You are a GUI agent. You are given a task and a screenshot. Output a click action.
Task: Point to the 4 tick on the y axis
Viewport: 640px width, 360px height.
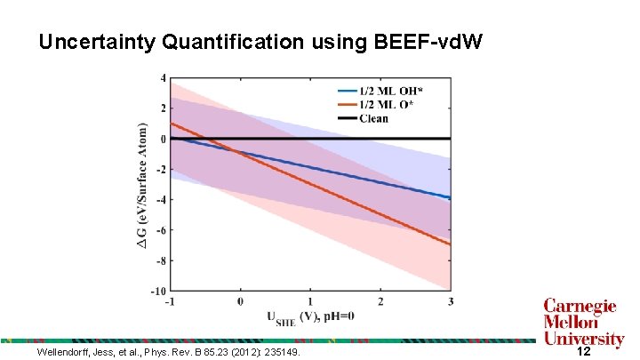[162, 78]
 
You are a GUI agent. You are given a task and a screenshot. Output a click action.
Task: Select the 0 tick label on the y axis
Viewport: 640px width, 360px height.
[162, 139]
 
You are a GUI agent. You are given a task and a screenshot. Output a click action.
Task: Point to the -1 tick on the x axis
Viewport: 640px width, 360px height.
[170, 301]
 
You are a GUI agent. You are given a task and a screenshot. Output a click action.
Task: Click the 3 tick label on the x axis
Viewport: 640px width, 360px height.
[450, 301]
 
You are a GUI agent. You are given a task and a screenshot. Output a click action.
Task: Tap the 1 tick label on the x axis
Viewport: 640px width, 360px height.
[310, 301]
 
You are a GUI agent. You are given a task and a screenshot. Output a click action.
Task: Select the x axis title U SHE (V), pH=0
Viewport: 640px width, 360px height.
[310, 317]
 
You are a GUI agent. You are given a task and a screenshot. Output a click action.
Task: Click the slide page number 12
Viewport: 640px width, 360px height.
[584, 352]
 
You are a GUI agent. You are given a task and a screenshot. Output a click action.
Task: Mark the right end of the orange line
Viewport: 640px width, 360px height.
[451, 244]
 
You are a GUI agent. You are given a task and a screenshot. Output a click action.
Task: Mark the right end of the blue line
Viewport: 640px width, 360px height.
[451, 197]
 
